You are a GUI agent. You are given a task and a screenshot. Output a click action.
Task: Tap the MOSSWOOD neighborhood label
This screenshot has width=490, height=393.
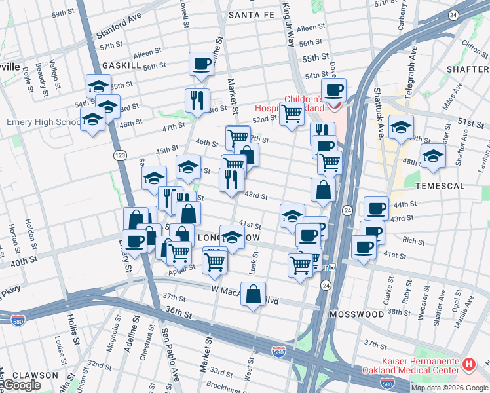click(356, 314)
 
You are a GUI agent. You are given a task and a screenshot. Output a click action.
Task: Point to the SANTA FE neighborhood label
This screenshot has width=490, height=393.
click(252, 14)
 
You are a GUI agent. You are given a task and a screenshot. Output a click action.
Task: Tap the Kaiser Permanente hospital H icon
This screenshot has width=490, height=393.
click(469, 364)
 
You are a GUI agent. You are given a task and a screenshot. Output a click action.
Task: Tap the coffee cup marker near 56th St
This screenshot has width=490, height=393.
click(202, 64)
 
